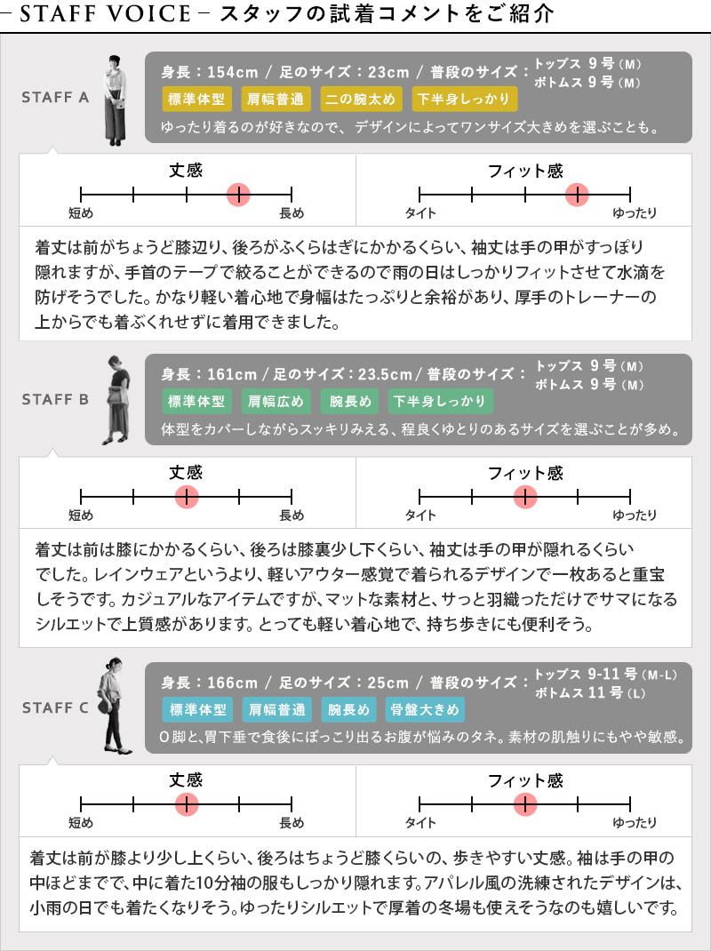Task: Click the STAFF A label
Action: pos(55,97)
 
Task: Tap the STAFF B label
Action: pos(55,399)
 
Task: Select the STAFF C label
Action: pos(55,707)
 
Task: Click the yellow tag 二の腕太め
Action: pos(360,99)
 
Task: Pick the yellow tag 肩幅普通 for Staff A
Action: pos(276,99)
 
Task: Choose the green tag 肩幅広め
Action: pos(276,401)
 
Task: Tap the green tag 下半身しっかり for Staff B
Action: pos(441,401)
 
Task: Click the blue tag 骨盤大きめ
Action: pos(425,709)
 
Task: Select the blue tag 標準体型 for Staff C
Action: pos(197,709)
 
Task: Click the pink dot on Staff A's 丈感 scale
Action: pos(239,195)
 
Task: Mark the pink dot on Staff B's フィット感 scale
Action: pos(525,497)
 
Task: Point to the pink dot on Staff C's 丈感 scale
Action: pos(187,804)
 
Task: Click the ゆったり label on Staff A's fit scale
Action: pos(635,213)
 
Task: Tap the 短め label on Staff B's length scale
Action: pos(81,515)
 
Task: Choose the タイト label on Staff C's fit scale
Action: pos(420,822)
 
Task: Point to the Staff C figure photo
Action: pos(113,706)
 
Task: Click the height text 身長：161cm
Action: pos(209,374)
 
